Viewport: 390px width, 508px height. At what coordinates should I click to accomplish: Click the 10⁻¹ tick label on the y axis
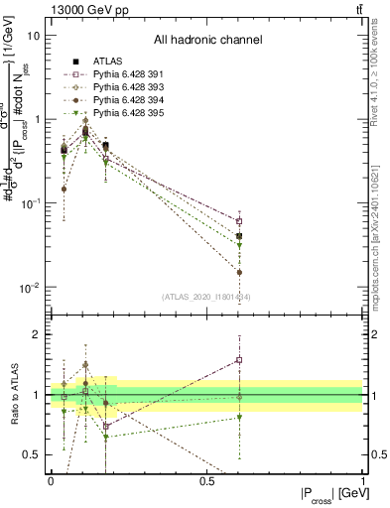tap(30, 203)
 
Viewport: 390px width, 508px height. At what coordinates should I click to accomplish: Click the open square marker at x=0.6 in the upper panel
tap(239, 221)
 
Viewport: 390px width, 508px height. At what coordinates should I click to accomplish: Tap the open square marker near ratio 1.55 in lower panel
tap(239, 360)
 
